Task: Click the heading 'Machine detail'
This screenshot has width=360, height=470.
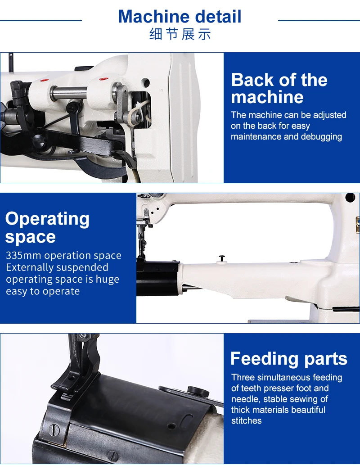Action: point(180,17)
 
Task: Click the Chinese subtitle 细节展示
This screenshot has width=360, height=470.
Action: point(180,34)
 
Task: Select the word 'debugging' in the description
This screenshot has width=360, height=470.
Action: point(321,137)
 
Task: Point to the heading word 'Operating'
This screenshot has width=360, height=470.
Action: point(47,219)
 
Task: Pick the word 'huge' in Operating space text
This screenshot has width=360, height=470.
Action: point(107,280)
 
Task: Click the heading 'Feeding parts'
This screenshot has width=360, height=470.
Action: point(289,359)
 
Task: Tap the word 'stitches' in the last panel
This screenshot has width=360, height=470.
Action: point(246,420)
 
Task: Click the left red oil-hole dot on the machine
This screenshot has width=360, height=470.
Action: point(45,81)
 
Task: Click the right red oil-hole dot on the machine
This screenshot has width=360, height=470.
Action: point(103,79)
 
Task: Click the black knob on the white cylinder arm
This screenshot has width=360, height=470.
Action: point(222,258)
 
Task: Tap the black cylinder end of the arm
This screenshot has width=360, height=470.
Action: point(158,278)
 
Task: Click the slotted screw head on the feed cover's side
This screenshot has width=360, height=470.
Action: point(54,430)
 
